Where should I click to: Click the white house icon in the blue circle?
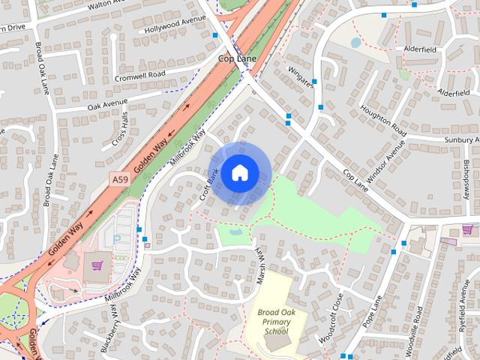[x=239, y=172]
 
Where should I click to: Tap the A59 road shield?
[x=119, y=180]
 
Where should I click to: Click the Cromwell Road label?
[x=139, y=76]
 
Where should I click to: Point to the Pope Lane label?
[x=373, y=310]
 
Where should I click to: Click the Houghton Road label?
[x=382, y=120]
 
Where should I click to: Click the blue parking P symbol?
[x=117, y=238]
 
